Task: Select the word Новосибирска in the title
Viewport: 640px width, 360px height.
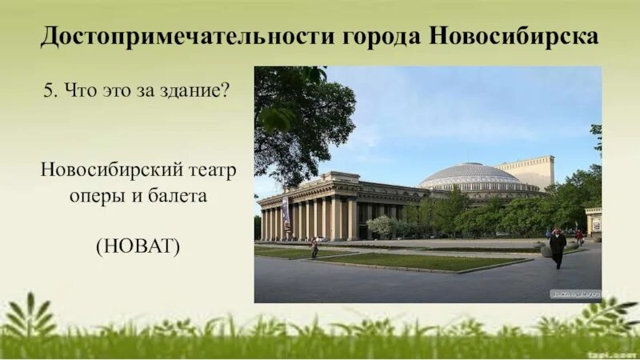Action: point(514,37)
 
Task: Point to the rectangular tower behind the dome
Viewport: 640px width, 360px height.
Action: point(528,171)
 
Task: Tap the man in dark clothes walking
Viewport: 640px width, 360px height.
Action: point(558,246)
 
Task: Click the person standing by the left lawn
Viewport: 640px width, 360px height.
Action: point(314,247)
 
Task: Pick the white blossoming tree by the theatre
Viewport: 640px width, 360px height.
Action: point(382,226)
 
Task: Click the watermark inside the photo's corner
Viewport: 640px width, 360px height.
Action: point(574,294)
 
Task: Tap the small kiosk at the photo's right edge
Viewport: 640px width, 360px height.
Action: point(593,221)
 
